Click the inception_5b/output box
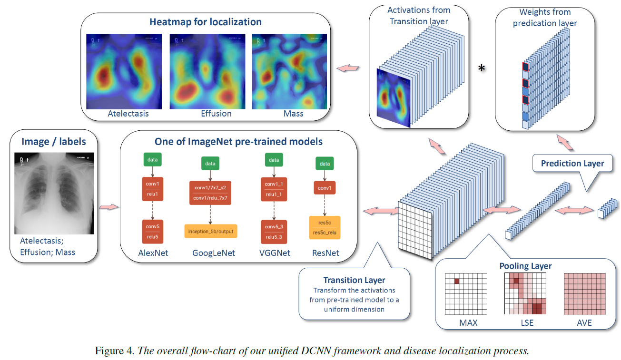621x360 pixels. point(210,231)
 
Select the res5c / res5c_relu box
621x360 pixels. point(325,227)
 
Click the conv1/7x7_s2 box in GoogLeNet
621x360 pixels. point(210,188)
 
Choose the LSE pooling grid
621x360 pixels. point(525,294)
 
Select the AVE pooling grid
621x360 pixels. point(584,294)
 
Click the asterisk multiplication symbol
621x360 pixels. point(482,69)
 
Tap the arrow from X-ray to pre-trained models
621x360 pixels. point(108,207)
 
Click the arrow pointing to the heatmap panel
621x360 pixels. point(348,69)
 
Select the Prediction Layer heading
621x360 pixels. point(572,164)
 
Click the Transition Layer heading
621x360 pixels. point(354,280)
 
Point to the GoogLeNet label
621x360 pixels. point(214,253)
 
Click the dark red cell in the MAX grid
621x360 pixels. point(456,282)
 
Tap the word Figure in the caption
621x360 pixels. point(108,351)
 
